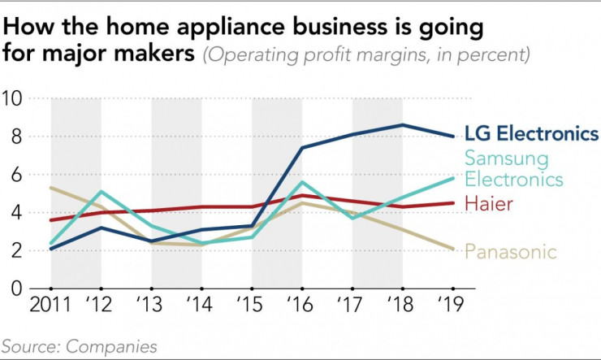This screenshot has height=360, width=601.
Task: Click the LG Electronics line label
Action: tap(531, 134)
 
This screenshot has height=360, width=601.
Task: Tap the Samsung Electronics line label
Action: tap(515, 167)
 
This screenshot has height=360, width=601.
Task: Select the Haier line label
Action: tap(490, 202)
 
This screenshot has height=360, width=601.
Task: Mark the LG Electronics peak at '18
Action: tap(402, 124)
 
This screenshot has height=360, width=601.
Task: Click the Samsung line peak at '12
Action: tap(101, 192)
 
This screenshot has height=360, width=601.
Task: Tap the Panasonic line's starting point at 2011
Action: tap(50, 188)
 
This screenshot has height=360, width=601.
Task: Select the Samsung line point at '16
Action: tap(301, 182)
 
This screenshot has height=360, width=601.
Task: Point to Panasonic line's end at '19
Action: tap(452, 249)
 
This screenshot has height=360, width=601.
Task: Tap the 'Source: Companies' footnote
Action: tap(80, 346)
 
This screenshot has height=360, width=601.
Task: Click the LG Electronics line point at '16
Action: tap(301, 148)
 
